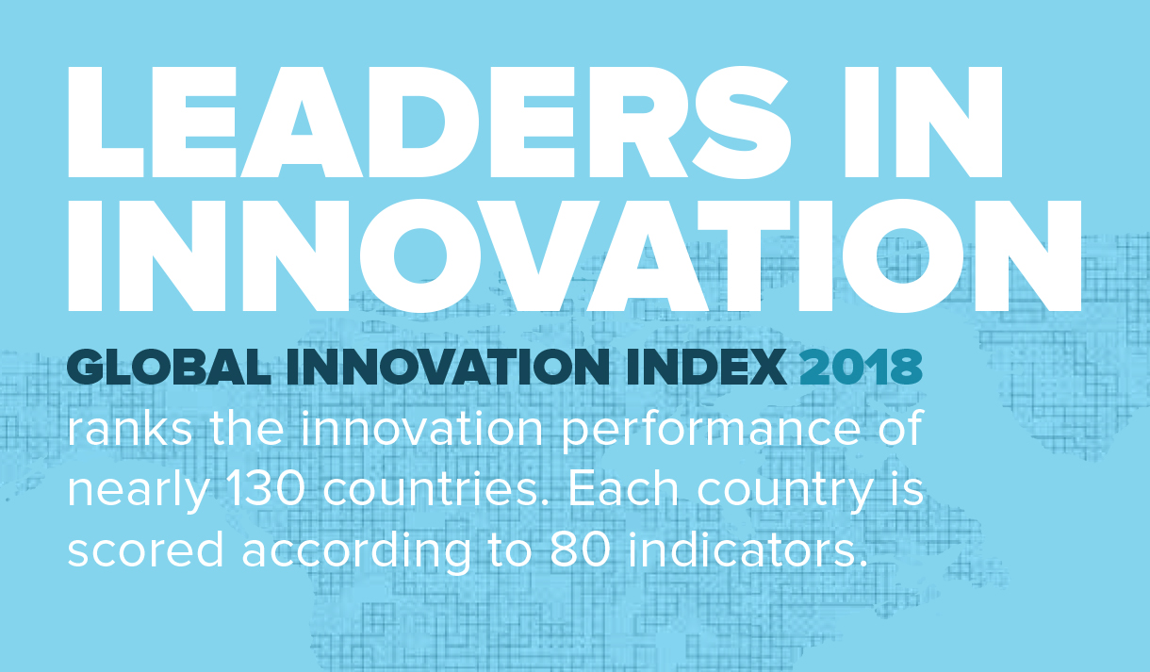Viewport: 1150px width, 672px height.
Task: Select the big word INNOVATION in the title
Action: [x=574, y=257]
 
